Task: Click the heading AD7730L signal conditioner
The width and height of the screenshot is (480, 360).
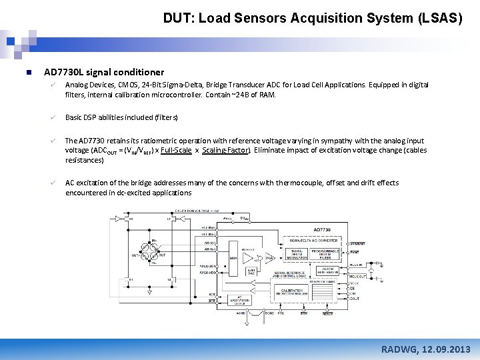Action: (x=103, y=72)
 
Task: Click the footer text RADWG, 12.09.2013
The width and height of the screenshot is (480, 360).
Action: (x=425, y=349)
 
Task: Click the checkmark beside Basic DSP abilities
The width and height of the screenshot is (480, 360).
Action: (x=50, y=117)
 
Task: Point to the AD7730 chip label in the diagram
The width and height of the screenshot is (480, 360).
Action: (x=322, y=229)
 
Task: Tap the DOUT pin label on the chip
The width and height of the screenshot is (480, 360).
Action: (x=354, y=299)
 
